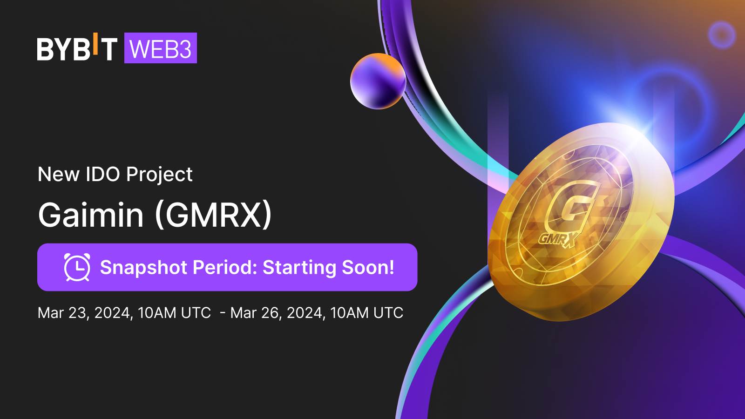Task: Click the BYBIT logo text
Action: point(77,48)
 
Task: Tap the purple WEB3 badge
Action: point(160,48)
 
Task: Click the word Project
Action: point(159,175)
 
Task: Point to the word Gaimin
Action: point(91,215)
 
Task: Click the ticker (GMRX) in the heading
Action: point(213,215)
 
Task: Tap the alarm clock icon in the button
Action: point(77,267)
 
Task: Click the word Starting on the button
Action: point(299,268)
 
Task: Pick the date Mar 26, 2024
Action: point(278,313)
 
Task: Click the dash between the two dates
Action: point(223,313)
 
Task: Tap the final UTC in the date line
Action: point(388,313)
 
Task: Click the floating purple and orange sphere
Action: point(378,81)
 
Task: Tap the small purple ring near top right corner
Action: point(722,35)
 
